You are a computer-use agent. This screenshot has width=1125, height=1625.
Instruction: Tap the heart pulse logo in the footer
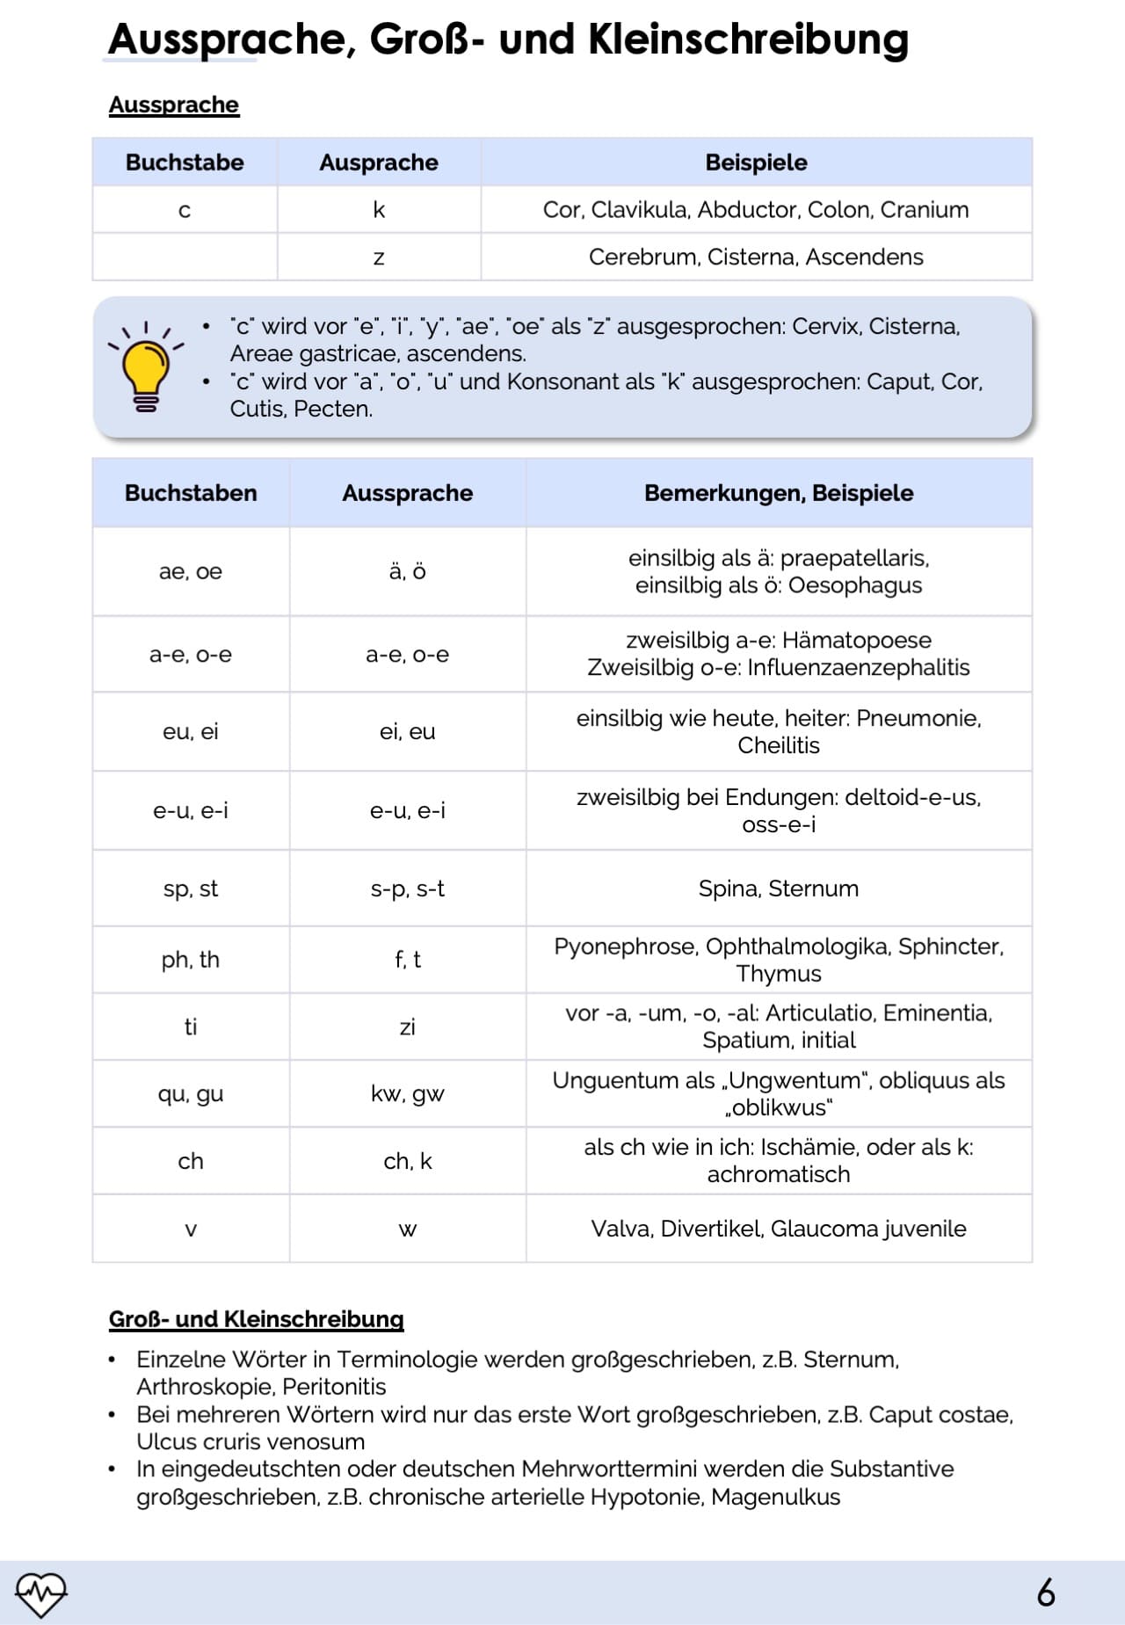pos(40,1593)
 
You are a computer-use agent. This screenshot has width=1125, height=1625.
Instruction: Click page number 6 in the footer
pos(1045,1592)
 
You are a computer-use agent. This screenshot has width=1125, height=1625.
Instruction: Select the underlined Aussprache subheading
pos(174,105)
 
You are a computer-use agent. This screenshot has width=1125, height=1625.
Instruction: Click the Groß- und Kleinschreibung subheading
pos(256,1318)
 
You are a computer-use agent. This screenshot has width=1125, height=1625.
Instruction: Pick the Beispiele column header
pos(756,162)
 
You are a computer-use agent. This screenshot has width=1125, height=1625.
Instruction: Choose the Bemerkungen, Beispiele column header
pos(778,492)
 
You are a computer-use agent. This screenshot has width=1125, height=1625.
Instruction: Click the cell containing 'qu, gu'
pos(191,1093)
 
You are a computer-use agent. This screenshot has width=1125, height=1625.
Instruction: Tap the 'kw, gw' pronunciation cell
pos(407,1093)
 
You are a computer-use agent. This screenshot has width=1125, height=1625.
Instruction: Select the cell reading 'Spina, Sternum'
pos(778,889)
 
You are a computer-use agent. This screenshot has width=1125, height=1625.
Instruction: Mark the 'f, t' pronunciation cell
pos(407,959)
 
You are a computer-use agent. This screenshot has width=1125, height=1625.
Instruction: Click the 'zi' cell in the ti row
pos(407,1027)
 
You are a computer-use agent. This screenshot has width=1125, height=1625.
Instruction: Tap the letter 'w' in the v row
pos(407,1229)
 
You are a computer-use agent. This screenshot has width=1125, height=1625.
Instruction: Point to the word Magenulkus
pos(775,1497)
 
